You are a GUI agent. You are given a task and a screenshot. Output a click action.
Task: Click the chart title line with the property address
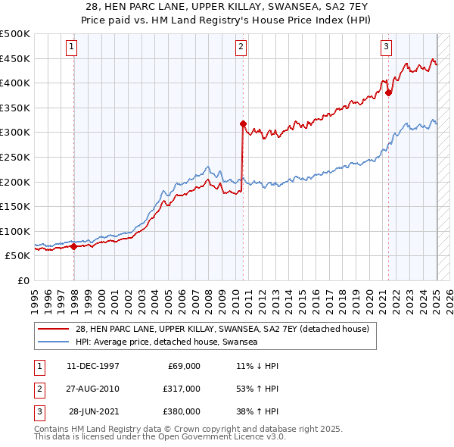coord(226,7)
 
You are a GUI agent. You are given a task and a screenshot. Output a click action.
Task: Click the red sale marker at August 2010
coord(243,123)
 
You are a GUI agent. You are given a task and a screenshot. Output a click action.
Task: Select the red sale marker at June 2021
coord(388,93)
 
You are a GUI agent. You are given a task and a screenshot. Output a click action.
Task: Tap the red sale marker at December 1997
coord(74,246)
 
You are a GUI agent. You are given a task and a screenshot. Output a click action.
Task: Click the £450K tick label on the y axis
coord(15,58)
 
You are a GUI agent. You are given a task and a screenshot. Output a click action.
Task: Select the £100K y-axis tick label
coord(15,231)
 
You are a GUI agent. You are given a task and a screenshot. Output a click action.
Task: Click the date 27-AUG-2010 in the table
coord(92,389)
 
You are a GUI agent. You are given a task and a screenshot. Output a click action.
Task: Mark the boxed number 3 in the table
coord(38,411)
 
